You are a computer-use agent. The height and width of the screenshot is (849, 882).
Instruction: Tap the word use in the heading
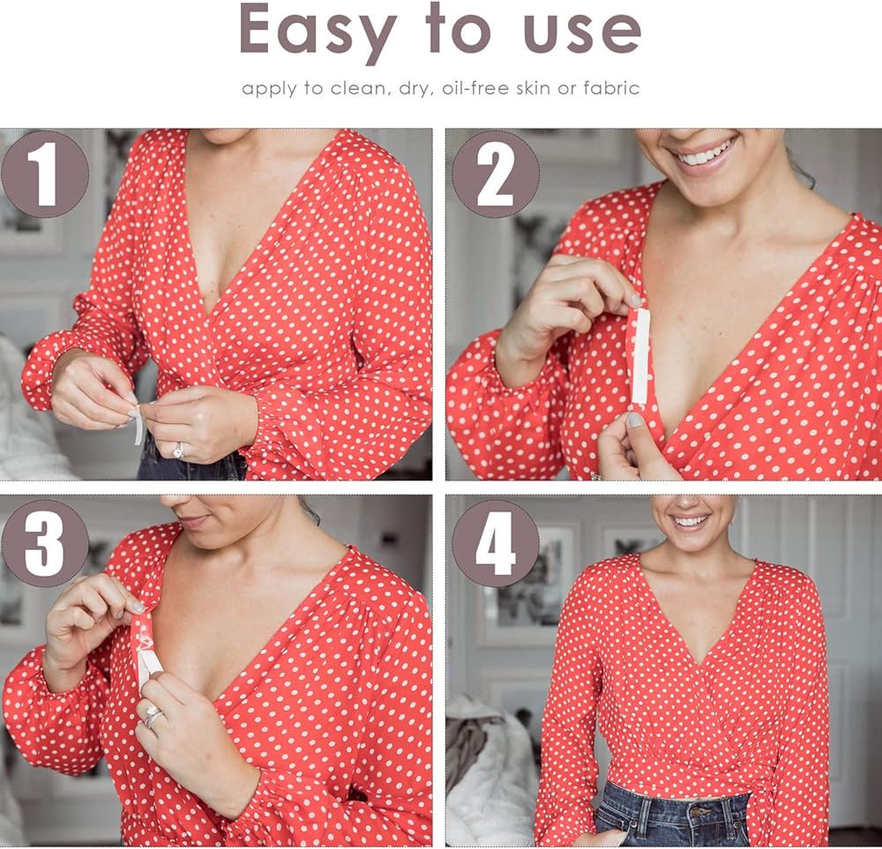[x=583, y=35]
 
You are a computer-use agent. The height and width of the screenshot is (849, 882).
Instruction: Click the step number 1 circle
[x=45, y=175]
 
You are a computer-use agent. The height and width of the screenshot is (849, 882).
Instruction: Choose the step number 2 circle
[x=496, y=175]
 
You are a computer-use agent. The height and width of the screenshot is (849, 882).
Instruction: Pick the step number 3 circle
[x=45, y=544]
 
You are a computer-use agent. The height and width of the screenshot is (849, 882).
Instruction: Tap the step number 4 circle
[x=496, y=544]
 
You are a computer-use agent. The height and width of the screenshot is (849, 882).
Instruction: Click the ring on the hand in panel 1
[x=178, y=450]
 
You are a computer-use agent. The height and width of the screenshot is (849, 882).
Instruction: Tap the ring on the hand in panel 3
[x=152, y=716]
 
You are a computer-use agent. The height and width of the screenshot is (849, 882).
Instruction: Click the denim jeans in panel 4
[x=672, y=815]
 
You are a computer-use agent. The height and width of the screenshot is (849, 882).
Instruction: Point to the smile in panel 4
[x=691, y=521]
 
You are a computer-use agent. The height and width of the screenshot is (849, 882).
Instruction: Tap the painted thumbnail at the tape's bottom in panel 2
[x=634, y=420]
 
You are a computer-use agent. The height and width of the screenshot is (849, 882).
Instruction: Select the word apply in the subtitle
[x=269, y=89]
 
